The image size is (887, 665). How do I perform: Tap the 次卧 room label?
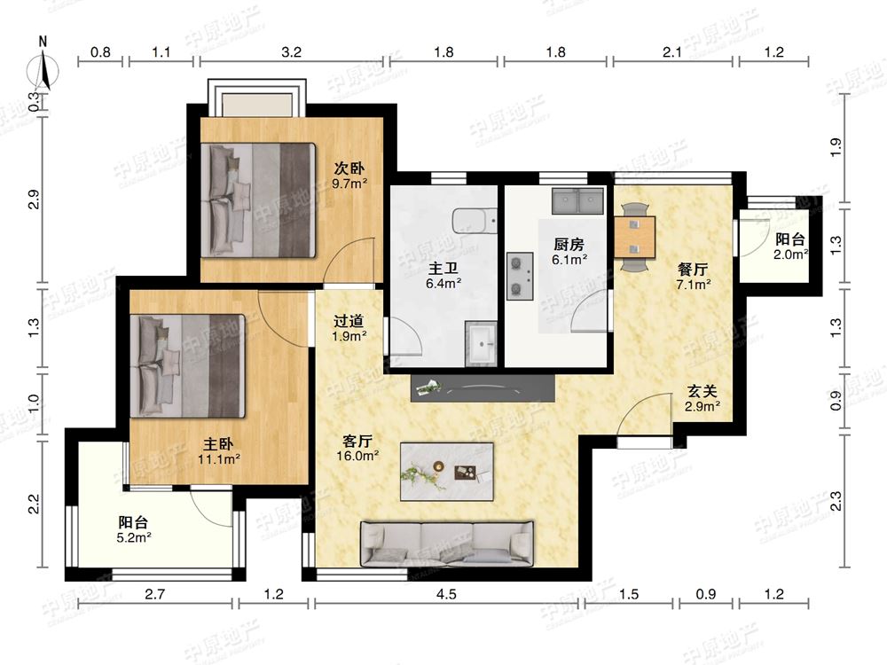349,168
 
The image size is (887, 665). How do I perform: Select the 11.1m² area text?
219,459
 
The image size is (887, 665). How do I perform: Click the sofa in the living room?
447,544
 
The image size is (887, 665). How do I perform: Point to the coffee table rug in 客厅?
447,472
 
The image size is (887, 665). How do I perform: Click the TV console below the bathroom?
482,388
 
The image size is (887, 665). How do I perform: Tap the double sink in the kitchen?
577,200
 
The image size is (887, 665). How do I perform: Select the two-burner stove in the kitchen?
520,276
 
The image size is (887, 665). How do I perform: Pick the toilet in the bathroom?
474,222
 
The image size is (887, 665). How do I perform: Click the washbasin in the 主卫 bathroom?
481,344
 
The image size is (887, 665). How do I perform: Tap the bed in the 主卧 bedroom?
188,366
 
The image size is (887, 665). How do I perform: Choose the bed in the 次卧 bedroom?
258,200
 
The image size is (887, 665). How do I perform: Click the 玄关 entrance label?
702,391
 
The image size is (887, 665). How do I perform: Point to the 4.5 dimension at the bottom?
446,594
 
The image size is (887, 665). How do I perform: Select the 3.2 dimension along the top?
291,52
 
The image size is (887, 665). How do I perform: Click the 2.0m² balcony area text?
791,254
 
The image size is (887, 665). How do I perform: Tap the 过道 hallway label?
349,321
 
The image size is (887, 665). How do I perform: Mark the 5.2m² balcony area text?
134,537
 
